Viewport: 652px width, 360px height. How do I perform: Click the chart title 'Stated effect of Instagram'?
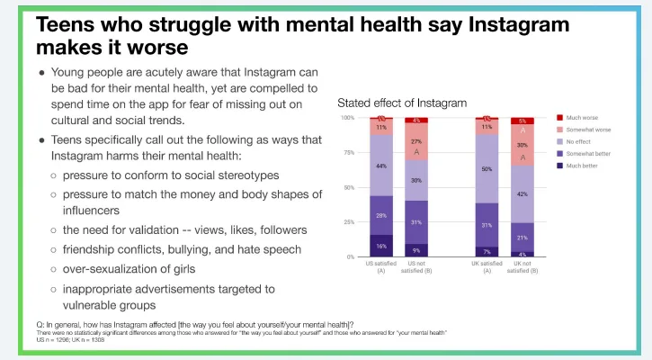[x=401, y=103]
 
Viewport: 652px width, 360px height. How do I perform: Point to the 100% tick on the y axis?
[x=346, y=118]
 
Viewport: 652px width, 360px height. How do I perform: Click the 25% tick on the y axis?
[x=348, y=222]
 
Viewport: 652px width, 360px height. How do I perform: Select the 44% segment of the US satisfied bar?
[x=381, y=166]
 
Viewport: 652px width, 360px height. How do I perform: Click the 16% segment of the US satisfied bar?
[x=381, y=245]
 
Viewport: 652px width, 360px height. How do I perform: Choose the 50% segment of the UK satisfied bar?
[x=487, y=168]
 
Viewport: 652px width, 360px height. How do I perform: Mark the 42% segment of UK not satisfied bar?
[x=522, y=193]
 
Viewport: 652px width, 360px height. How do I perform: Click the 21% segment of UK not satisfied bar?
[x=522, y=237]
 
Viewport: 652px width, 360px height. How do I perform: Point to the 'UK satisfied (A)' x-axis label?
[x=487, y=267]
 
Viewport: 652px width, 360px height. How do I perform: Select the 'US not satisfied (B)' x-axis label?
[x=415, y=267]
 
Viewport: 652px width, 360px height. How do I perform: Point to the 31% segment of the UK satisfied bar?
[x=487, y=224]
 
